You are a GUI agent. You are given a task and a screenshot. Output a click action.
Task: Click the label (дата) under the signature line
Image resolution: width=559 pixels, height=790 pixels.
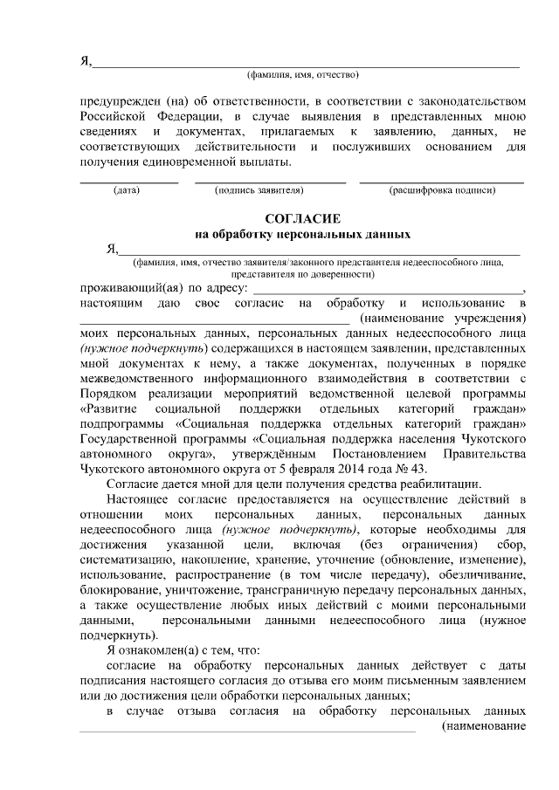coord(127,189)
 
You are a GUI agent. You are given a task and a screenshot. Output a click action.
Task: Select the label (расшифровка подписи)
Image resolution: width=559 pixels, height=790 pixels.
coord(443,189)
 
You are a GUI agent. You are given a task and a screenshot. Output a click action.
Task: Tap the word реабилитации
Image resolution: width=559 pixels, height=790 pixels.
coord(443,484)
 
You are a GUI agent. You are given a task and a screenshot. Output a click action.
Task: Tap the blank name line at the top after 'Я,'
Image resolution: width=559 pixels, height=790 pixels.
coord(306,61)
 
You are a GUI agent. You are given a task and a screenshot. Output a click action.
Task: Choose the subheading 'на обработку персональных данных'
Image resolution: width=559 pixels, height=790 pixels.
coord(301,234)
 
